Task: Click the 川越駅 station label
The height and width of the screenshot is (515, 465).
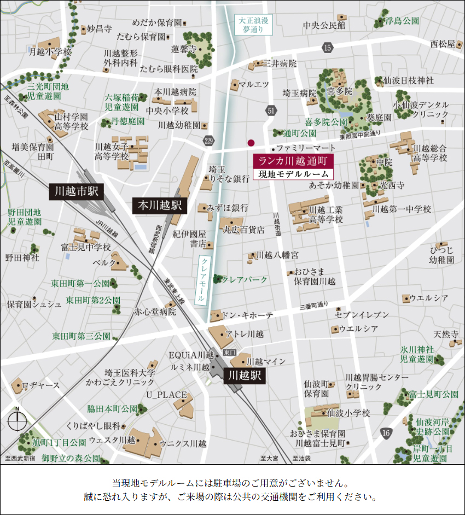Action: (x=244, y=376)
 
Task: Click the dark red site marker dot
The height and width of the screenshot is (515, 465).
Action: (x=251, y=143)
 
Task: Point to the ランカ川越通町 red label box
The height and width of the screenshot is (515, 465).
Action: (x=293, y=161)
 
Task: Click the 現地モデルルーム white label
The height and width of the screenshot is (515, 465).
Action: (x=293, y=174)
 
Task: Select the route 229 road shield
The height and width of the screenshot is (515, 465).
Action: (x=207, y=141)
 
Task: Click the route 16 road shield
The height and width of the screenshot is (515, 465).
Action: (x=386, y=433)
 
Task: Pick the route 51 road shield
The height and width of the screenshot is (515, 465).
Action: (x=271, y=111)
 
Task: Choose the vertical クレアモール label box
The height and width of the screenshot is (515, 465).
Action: (x=203, y=279)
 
